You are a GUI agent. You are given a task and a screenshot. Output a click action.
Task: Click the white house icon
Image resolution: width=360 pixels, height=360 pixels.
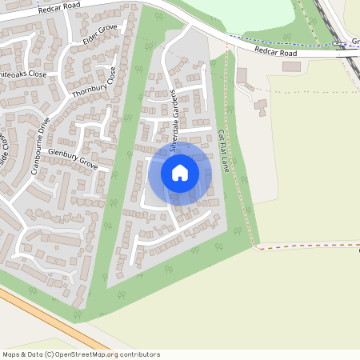(x=180, y=173)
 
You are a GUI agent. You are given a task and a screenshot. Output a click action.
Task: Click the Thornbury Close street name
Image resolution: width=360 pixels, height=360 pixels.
(x=94, y=85)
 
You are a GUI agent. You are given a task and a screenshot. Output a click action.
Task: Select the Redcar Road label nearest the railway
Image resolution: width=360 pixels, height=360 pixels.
(x=276, y=52)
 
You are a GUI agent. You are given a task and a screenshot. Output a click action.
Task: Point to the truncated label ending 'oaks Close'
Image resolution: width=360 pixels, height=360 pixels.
(x=22, y=74)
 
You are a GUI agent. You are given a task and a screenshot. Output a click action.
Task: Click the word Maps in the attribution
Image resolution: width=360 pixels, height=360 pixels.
(x=11, y=354)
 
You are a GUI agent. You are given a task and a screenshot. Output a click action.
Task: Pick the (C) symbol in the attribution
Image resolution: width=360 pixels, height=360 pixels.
(x=50, y=354)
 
